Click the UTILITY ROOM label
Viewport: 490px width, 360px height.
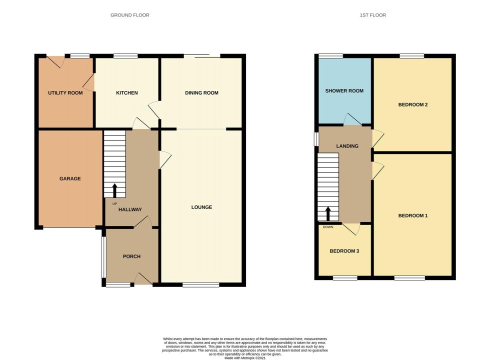[65, 93]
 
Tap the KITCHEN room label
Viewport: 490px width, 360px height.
[126, 93]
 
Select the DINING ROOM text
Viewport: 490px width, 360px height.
[201, 93]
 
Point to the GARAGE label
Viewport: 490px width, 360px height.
[70, 178]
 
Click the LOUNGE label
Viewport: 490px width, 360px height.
[201, 207]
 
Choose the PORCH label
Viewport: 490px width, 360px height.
[131, 256]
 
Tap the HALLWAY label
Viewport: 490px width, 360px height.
[130, 210]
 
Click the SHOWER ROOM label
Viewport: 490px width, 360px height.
[344, 91]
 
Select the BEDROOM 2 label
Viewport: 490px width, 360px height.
[412, 105]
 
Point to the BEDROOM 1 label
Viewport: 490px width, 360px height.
[412, 215]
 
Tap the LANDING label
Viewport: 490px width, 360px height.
[347, 146]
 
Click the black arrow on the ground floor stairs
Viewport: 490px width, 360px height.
[114, 190]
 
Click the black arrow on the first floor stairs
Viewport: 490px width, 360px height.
[328, 213]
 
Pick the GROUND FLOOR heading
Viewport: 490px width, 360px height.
[129, 15]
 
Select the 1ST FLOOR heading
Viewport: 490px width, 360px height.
[372, 15]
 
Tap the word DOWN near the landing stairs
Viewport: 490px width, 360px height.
[328, 227]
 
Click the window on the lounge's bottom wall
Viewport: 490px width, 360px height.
[200, 285]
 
